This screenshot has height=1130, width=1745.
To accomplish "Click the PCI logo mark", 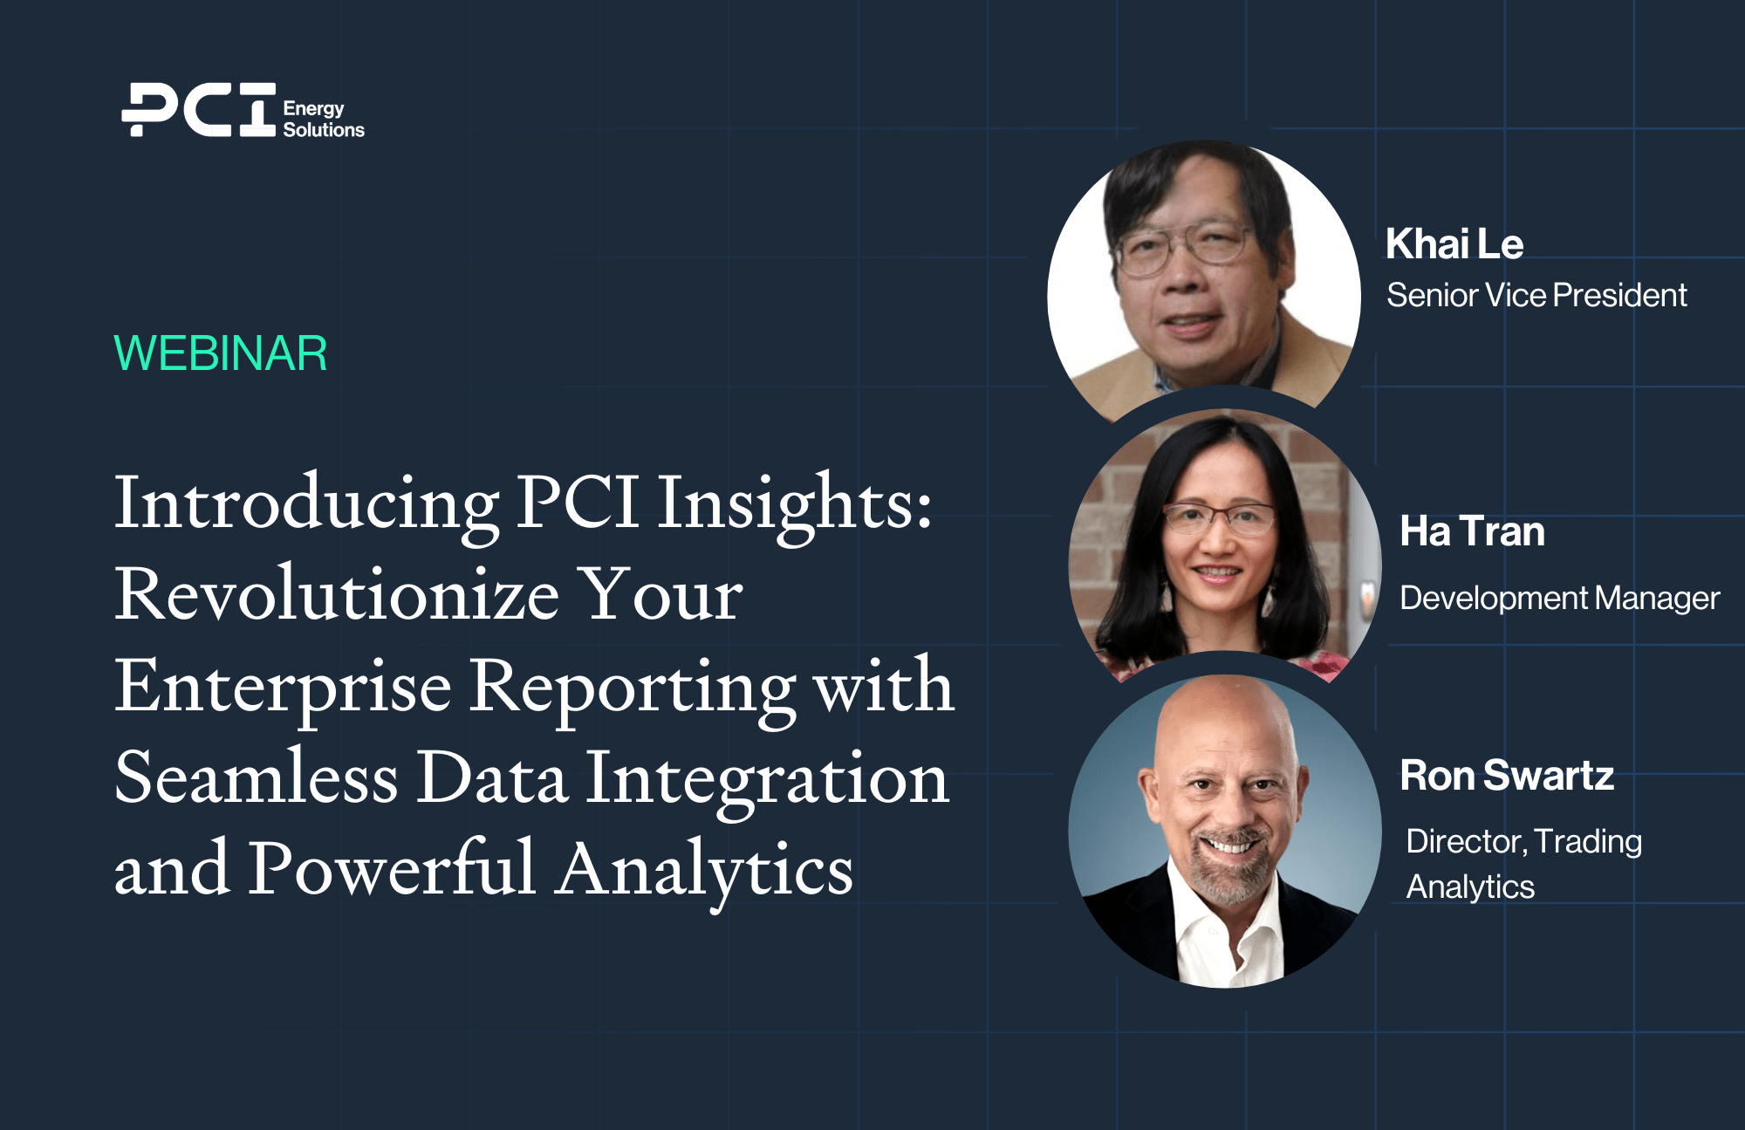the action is [199, 110].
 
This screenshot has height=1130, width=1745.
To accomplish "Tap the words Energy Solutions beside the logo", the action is [324, 120].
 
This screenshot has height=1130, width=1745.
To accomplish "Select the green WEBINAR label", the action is [221, 353].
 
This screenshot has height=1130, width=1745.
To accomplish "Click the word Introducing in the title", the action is [306, 505].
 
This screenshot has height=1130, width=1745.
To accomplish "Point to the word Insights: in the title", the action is [795, 503].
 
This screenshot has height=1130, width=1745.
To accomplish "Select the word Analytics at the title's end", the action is [705, 871].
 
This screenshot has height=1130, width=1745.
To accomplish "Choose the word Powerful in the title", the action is [392, 867].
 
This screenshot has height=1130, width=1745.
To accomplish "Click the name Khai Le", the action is [1454, 243].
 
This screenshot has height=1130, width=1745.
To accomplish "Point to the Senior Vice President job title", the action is [1536, 295].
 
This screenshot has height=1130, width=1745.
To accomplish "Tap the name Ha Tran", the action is [1472, 531].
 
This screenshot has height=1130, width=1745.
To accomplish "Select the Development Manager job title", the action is [1559, 599].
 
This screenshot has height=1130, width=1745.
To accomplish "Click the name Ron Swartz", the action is [1507, 775].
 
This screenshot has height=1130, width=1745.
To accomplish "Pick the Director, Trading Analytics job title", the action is [1524, 864].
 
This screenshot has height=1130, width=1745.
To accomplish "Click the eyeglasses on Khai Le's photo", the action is [1185, 248].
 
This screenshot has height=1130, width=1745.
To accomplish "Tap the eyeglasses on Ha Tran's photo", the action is [1219, 520].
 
